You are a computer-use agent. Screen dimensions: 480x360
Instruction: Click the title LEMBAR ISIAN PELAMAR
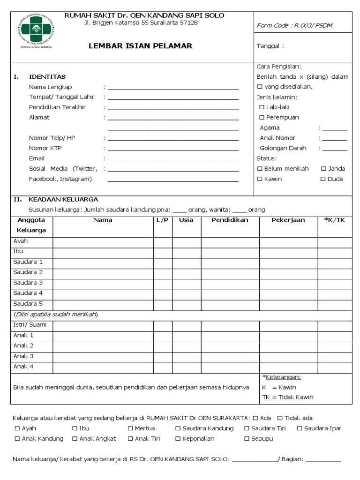pos(141,46)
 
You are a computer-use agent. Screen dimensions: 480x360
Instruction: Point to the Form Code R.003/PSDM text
pos(294,25)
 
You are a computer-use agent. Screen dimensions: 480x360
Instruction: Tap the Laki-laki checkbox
pos(262,107)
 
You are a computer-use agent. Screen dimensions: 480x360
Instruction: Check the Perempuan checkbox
pos(262,118)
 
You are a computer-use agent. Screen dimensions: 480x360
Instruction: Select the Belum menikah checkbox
pos(260,169)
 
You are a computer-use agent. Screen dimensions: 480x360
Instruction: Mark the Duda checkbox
pos(323,179)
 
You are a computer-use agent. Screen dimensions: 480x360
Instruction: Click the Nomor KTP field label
pos(45,148)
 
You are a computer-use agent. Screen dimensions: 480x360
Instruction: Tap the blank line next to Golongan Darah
pos(334,149)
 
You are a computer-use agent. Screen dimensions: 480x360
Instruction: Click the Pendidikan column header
pos(230,220)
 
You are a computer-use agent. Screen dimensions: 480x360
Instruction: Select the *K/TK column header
pos(334,220)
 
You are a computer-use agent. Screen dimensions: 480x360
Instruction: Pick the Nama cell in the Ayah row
pos(103,241)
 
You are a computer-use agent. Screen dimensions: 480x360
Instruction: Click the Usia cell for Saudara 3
pos(186,283)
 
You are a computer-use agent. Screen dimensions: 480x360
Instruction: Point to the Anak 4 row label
pos(23,367)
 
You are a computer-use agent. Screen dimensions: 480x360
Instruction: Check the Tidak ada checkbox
pos(280,418)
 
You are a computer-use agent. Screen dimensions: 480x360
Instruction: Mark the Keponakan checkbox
pos(178,439)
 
